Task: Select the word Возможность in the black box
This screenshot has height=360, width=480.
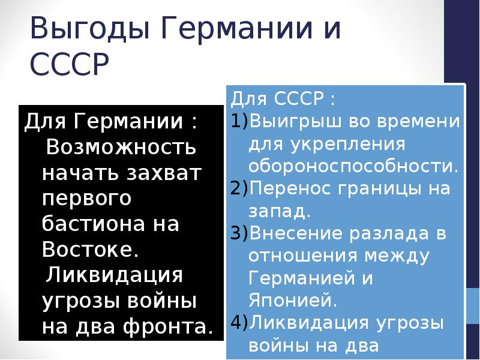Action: point(121,147)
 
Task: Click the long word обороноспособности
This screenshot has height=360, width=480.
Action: point(353,165)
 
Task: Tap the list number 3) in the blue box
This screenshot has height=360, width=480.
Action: point(238,234)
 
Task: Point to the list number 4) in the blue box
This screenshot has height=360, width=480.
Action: point(238,323)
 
